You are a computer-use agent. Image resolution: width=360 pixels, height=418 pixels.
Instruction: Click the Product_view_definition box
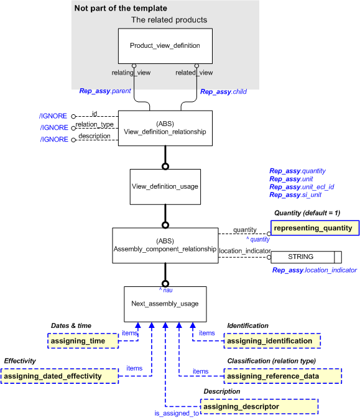pos(165,45)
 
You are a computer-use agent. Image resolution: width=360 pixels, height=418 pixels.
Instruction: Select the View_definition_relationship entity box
pos(165,128)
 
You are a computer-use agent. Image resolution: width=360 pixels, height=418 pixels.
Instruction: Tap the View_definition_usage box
pos(165,186)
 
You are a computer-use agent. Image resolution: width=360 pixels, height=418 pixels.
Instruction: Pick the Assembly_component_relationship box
pos(165,245)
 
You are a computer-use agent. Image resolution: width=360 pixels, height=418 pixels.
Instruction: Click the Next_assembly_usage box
pos(165,304)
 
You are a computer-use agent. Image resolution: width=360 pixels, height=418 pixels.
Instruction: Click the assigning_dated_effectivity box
pos(60,376)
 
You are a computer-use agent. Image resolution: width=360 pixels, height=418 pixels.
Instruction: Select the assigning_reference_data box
pos(282,376)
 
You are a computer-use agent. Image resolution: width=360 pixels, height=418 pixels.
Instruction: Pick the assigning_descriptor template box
pos(259,406)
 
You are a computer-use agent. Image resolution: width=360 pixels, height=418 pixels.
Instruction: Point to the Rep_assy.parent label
pos(104,91)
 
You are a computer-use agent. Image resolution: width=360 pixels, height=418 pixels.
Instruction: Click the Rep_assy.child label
pos(223,91)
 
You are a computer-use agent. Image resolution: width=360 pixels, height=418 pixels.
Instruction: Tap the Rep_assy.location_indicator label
pos(314,270)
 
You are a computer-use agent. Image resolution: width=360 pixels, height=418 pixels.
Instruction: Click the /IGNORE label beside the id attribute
pos(53,116)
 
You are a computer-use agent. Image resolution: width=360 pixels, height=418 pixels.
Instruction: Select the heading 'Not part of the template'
pos(120,9)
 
